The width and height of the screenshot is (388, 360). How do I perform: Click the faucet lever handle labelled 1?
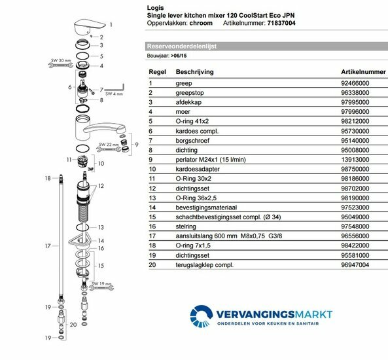pyautogui.click(x=89, y=26)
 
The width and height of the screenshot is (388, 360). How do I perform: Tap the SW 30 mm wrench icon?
pyautogui.click(x=61, y=65)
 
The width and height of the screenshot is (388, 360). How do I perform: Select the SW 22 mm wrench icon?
pyautogui.click(x=109, y=149)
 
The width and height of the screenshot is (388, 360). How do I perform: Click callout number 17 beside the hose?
pyautogui.click(x=48, y=246)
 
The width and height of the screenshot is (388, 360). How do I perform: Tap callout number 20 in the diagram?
pyautogui.click(x=73, y=325)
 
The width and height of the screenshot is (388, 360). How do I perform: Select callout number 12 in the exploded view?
pyautogui.click(x=101, y=186)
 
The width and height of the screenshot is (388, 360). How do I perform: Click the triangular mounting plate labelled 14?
pyautogui.click(x=80, y=240)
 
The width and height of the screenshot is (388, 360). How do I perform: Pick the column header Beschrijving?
pyautogui.click(x=194, y=72)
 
